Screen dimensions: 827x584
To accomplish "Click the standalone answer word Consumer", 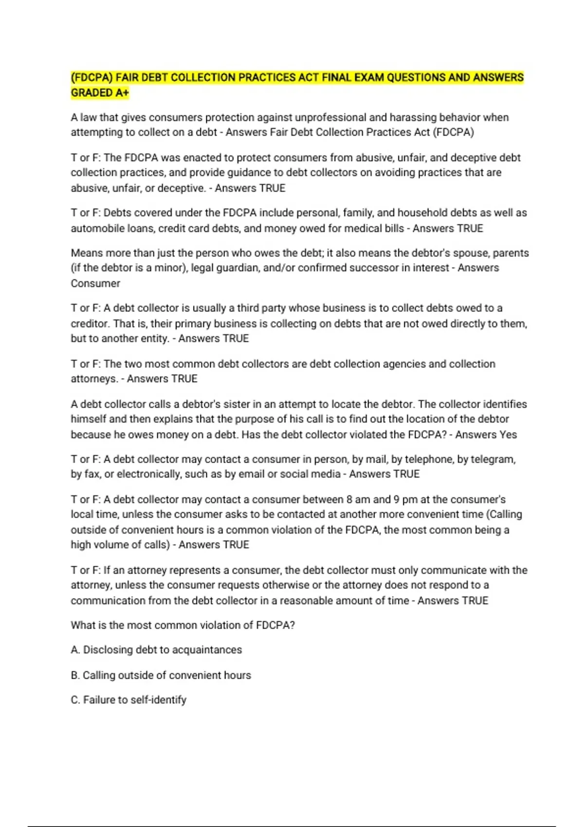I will point(95,284).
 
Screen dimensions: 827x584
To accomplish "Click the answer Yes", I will point(508,435).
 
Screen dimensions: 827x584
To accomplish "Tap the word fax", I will point(91,474).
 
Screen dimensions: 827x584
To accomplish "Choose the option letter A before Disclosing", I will point(74,650).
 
